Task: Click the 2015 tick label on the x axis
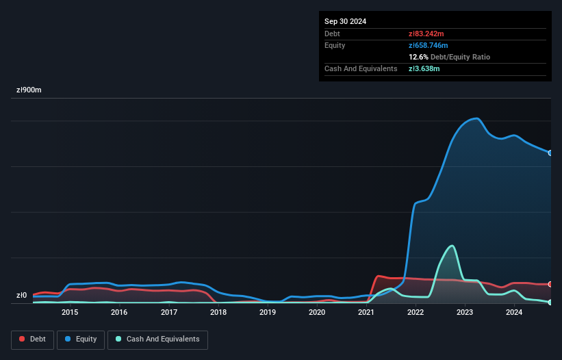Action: pyautogui.click(x=70, y=312)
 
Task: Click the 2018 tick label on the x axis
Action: pyautogui.click(x=218, y=312)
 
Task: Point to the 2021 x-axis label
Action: pyautogui.click(x=366, y=312)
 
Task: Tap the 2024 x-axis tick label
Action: pyautogui.click(x=514, y=312)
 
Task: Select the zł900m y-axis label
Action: pyautogui.click(x=29, y=90)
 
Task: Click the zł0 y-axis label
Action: pyautogui.click(x=22, y=296)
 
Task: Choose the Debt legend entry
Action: pyautogui.click(x=32, y=339)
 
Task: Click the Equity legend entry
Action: pyautogui.click(x=81, y=339)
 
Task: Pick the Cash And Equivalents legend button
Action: pyautogui.click(x=157, y=339)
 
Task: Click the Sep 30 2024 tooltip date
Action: pyautogui.click(x=346, y=21)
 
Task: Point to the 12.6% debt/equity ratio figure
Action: pyautogui.click(x=418, y=57)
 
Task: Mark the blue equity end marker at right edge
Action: pyautogui.click(x=550, y=153)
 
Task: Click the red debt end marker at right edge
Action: pyautogui.click(x=550, y=284)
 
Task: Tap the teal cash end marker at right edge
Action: pyautogui.click(x=550, y=302)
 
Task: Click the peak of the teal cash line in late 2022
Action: pyautogui.click(x=451, y=246)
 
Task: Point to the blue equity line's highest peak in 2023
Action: pyautogui.click(x=476, y=118)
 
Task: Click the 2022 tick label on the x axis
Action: pyautogui.click(x=416, y=312)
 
